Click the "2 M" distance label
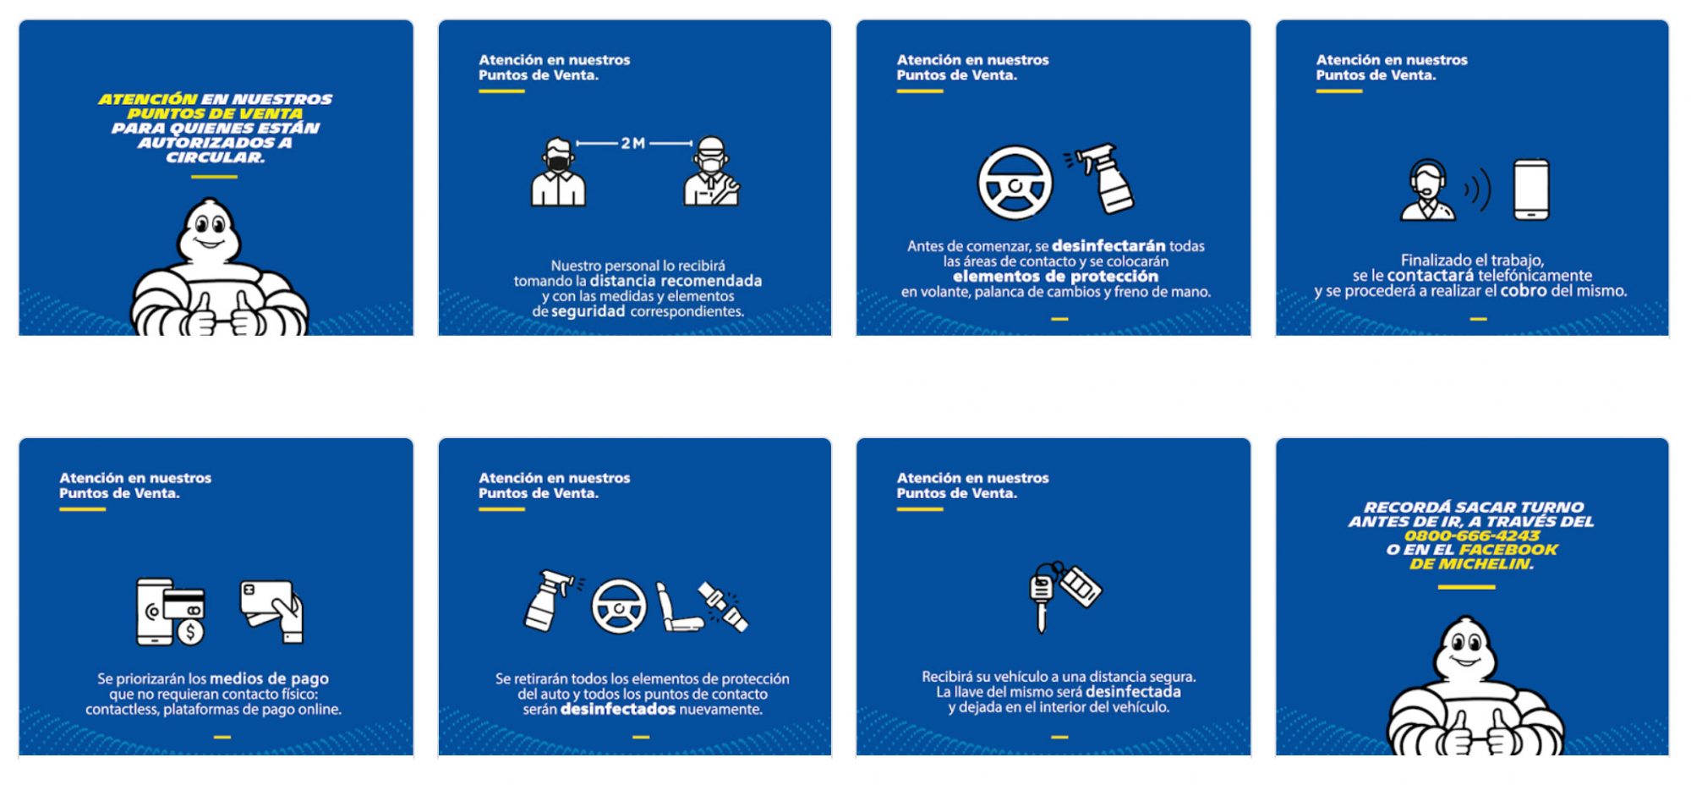[x=633, y=143]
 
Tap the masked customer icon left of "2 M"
[x=558, y=173]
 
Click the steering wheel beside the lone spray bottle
[x=1015, y=184]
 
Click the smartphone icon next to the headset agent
[x=1531, y=189]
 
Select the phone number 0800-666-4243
[x=1471, y=535]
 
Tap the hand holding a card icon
[x=272, y=612]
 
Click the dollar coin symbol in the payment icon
[x=191, y=632]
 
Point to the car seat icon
[x=679, y=607]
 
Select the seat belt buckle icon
[x=723, y=607]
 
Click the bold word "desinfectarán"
[x=1108, y=246]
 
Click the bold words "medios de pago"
[x=269, y=678]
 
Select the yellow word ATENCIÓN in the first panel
[x=148, y=99]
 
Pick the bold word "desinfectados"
[x=618, y=709]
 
